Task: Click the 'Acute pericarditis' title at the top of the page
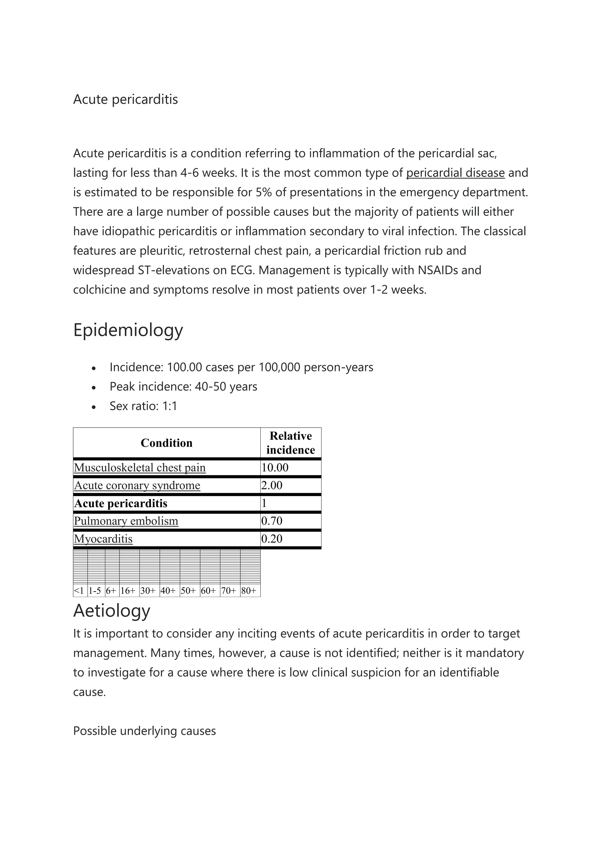pos(125,99)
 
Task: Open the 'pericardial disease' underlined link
pos(455,173)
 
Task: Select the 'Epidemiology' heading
pos(128,330)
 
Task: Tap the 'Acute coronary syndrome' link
pos(137,485)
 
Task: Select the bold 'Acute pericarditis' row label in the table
pos(121,503)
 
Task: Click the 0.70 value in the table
pos(272,521)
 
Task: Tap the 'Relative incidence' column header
pos(290,443)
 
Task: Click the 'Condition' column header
pos(166,443)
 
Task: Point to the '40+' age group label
pos(168,591)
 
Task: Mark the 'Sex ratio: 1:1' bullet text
pos(143,406)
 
